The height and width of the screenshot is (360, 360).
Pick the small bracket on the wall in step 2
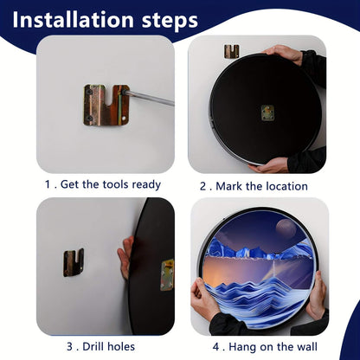(231, 51)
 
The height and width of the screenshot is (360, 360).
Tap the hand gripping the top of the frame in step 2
(286, 53)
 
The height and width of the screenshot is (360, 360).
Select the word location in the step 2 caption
(282, 185)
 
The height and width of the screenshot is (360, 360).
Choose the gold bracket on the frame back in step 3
(167, 274)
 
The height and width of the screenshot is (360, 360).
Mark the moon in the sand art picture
(285, 229)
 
